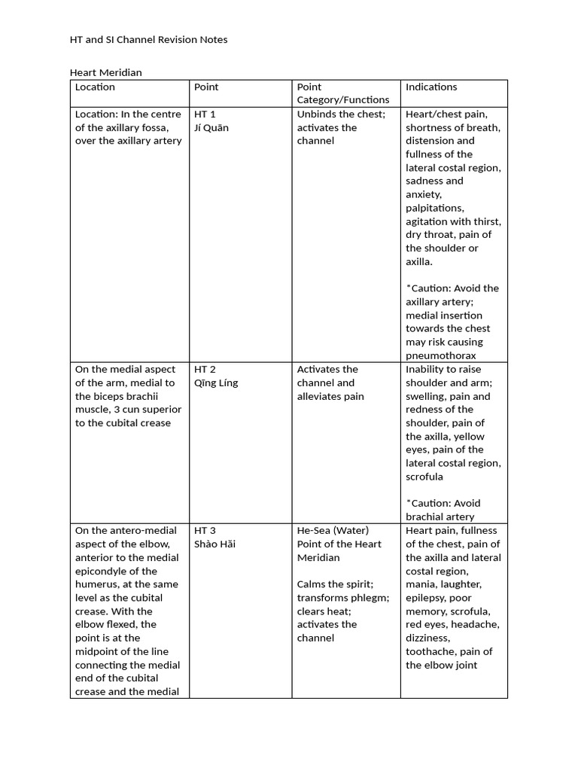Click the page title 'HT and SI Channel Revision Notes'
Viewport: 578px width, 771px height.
pos(148,39)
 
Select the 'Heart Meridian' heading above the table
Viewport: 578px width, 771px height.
pos(106,73)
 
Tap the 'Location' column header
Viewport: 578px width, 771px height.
pos(95,87)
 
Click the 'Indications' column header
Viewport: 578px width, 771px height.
pos(431,87)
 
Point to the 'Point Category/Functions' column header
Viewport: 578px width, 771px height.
pos(343,93)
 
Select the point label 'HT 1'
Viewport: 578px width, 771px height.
pos(205,114)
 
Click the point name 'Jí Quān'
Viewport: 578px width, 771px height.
pos(211,128)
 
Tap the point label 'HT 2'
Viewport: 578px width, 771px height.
pos(205,370)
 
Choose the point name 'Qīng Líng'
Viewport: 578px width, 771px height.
pos(216,383)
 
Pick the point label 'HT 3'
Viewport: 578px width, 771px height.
pos(205,531)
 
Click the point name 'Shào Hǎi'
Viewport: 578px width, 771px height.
pos(214,544)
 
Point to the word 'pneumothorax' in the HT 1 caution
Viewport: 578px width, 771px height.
pos(441,355)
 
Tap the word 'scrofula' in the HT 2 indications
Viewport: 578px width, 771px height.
pos(424,477)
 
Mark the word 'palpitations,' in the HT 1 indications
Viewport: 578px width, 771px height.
pos(435,208)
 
